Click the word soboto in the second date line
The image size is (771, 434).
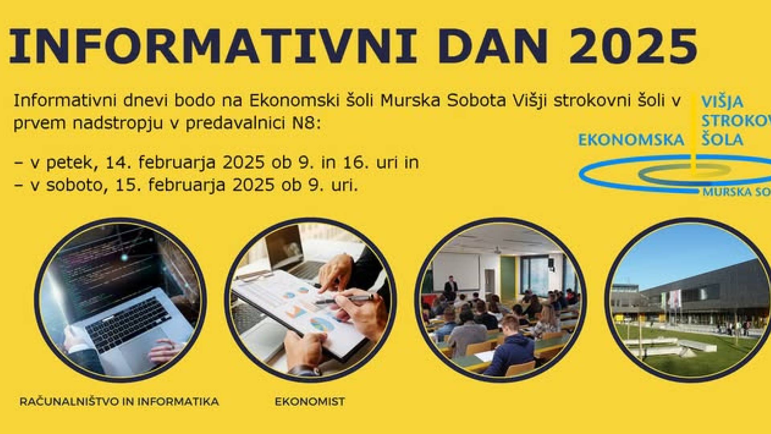coord(74,185)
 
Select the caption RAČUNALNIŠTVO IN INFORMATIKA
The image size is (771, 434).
coord(119,401)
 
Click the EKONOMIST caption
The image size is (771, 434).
coord(310,401)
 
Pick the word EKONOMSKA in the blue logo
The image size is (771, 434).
coord(631,140)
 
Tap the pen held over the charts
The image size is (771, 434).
coord(345,299)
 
